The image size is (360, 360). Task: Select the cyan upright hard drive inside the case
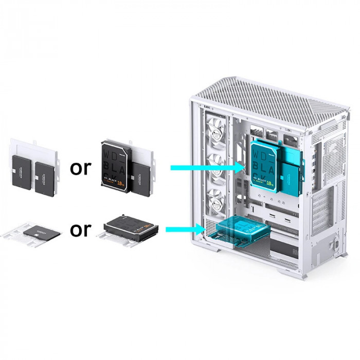(x=264, y=164)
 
